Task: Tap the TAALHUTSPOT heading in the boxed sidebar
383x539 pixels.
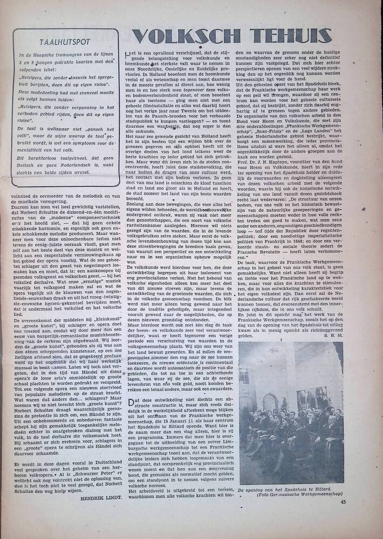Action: [65, 41]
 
